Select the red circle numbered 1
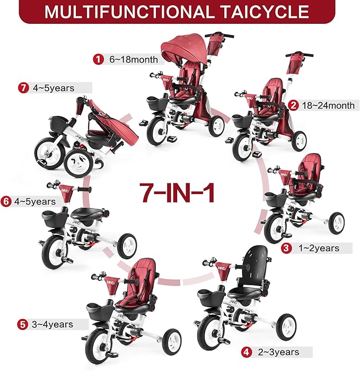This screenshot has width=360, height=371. [x=98, y=60]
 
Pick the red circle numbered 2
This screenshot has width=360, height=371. [x=294, y=105]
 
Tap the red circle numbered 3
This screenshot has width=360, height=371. [x=287, y=248]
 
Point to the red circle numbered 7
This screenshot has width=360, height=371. [x=22, y=88]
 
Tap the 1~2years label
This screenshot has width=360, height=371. [x=318, y=248]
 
